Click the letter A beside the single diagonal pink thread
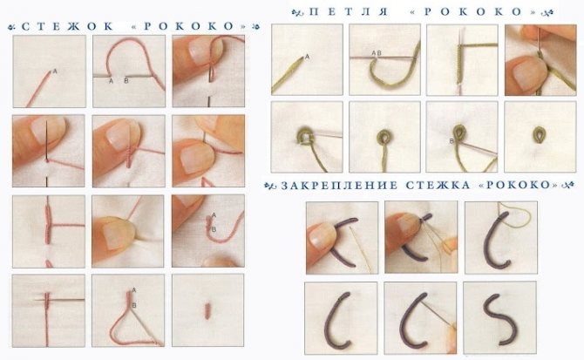[x=55, y=71]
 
